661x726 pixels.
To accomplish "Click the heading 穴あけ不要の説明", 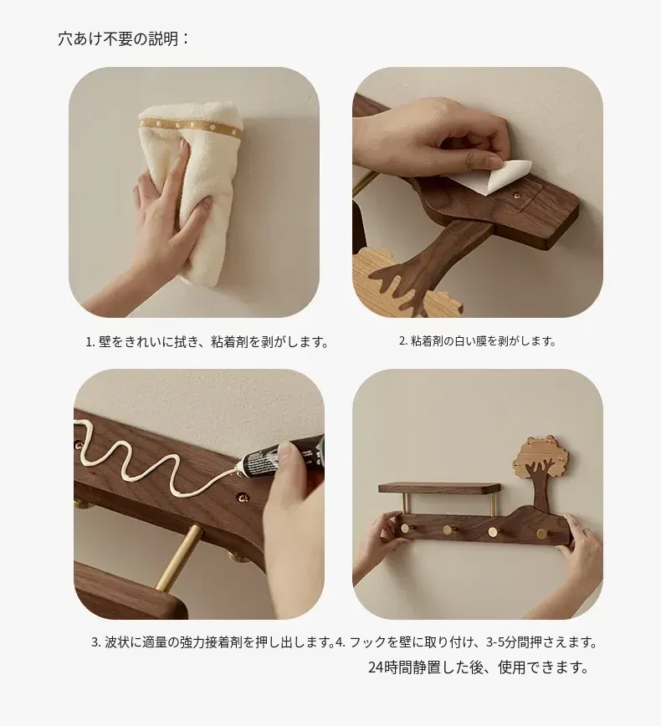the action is (124, 38).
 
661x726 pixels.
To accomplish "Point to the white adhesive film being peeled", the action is (505, 176).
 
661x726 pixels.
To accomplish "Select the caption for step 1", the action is (207, 342).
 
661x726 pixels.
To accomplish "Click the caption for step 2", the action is (477, 341).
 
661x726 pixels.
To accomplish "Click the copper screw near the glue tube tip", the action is (243, 498).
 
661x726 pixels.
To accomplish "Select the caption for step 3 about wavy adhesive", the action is (213, 642).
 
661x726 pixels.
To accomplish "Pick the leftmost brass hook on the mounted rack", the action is (405, 529).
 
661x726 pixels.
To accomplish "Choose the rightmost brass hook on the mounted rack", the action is (541, 534).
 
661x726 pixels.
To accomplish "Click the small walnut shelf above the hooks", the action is (439, 487).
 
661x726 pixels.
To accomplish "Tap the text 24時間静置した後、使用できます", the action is (479, 667).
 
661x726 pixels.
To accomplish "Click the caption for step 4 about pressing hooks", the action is (466, 642).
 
